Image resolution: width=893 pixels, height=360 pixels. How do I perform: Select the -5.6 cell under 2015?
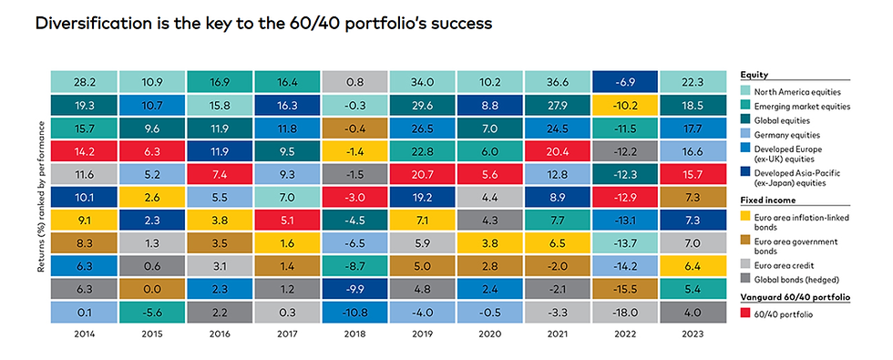151,311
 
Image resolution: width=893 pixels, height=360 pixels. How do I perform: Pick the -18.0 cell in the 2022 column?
625,311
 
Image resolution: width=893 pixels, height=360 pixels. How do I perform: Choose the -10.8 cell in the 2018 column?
354,311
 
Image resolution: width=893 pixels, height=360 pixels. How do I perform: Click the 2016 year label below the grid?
220,334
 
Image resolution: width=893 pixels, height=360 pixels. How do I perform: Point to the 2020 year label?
490,334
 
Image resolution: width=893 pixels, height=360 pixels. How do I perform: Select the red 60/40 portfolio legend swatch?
744,314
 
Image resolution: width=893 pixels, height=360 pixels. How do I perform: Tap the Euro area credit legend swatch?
744,266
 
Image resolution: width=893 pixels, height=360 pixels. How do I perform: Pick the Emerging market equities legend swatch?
744,107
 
